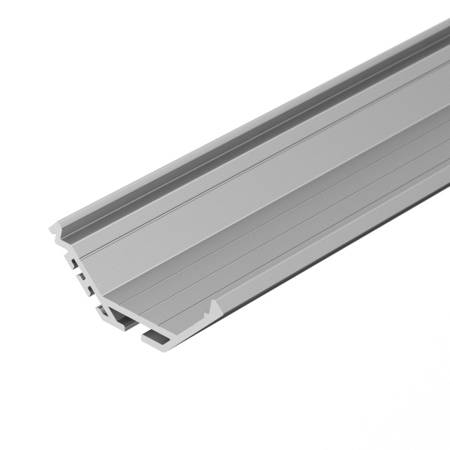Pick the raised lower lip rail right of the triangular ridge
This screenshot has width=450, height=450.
click(300, 266)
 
